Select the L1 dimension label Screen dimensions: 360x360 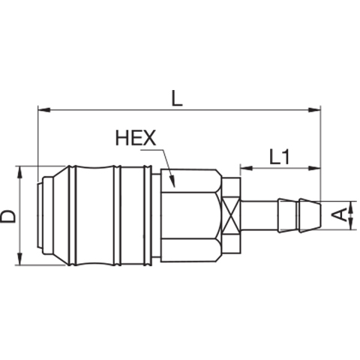click(x=280, y=157)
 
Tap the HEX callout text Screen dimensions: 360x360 click(x=136, y=138)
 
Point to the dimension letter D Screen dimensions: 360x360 click(x=8, y=216)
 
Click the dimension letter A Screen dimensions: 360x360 click(x=340, y=215)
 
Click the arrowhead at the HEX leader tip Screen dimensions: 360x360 click(x=172, y=181)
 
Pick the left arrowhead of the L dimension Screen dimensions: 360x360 click(x=44, y=110)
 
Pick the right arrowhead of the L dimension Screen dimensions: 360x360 click(x=314, y=110)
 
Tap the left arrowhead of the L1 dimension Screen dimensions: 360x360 click(x=247, y=168)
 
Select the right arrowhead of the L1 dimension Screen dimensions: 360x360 click(x=314, y=168)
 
